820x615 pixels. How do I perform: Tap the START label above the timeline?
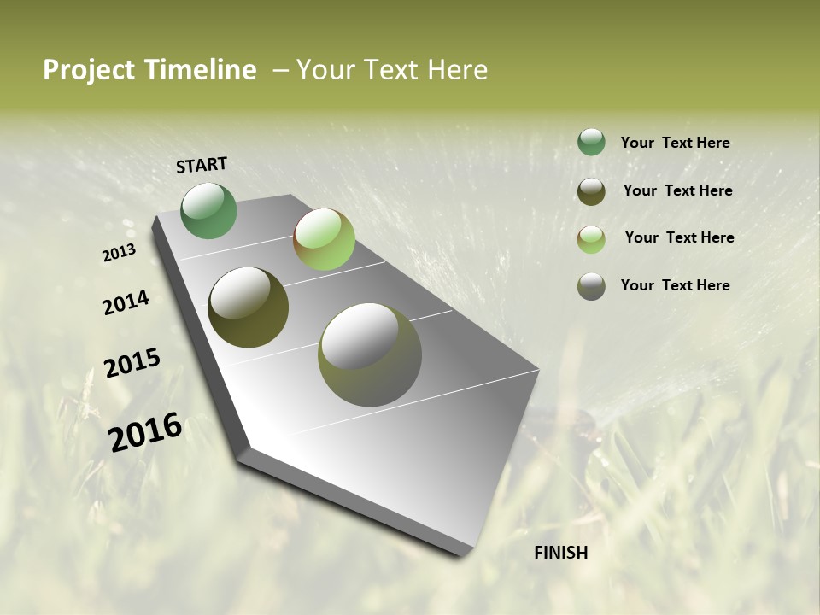(202, 165)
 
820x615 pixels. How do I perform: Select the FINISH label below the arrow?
(561, 553)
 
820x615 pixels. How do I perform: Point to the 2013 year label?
(119, 254)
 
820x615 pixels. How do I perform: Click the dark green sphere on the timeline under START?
(209, 211)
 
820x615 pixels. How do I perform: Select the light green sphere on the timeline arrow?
(324, 239)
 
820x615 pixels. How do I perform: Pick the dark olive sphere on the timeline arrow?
(249, 307)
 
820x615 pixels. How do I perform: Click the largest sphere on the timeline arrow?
(370, 354)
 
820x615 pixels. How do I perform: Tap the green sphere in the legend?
(591, 143)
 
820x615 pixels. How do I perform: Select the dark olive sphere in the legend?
(591, 191)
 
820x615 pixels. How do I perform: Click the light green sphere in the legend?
(591, 239)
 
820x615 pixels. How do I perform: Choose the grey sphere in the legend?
(591, 286)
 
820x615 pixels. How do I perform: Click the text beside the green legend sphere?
(675, 143)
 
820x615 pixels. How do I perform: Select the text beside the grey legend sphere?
(675, 285)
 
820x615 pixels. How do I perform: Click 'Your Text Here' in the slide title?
(392, 70)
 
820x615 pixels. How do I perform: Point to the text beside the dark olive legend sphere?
(677, 190)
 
